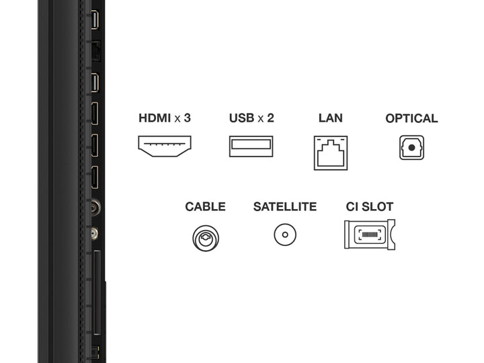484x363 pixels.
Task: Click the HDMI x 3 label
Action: point(165,118)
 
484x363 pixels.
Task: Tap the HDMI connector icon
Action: point(165,146)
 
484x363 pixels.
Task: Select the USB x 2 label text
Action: point(251,118)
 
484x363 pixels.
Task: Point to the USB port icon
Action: point(251,146)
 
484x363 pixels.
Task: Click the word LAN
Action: point(331,118)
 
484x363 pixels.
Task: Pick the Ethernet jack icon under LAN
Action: point(331,153)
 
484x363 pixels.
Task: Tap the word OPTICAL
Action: point(411,118)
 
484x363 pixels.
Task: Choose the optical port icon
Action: point(411,147)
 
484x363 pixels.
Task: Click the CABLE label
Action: point(205,206)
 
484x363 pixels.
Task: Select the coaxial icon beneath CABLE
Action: point(206,238)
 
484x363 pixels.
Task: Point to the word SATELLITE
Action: point(285,206)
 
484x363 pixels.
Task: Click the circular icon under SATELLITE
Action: point(285,235)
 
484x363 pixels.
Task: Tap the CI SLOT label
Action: point(370,206)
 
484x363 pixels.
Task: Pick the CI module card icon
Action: point(370,235)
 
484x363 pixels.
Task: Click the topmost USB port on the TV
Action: point(95,20)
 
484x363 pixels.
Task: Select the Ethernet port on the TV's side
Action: point(96,51)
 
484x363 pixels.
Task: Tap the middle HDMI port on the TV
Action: point(95,145)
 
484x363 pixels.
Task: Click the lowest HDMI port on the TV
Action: point(95,177)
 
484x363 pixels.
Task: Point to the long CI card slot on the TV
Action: point(97,292)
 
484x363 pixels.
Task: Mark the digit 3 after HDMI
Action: point(188,118)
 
